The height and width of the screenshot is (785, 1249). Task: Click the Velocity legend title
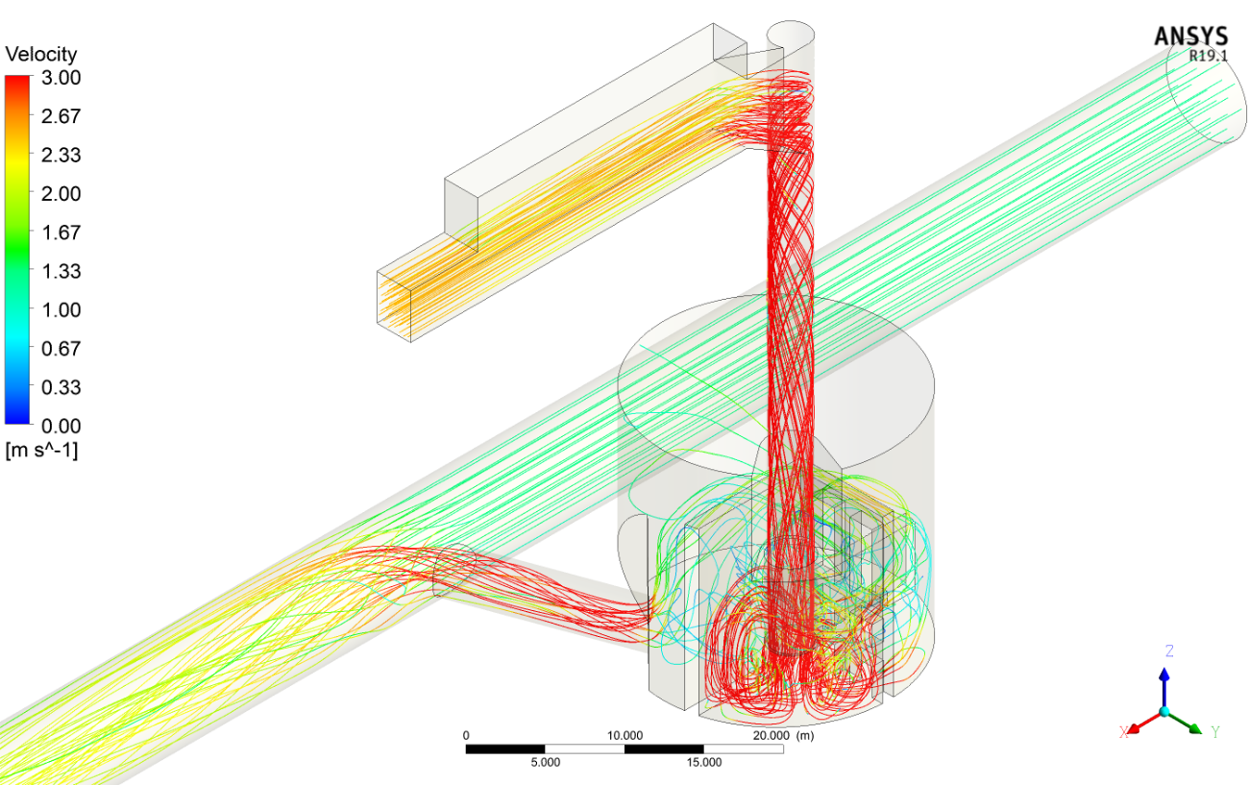(41, 54)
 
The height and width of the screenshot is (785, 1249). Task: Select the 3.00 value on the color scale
(61, 78)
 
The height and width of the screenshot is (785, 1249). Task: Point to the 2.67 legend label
(61, 116)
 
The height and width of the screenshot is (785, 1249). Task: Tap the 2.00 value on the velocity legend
(61, 193)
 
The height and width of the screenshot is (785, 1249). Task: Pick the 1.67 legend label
(61, 232)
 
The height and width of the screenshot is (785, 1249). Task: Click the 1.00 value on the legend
(61, 309)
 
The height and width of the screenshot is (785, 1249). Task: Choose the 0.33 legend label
(61, 387)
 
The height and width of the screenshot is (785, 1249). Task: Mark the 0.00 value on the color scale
(61, 426)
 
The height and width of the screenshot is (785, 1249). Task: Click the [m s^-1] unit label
(42, 450)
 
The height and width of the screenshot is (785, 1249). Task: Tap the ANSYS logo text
(1191, 37)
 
